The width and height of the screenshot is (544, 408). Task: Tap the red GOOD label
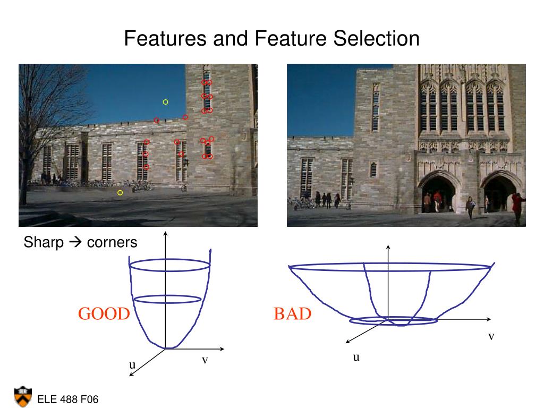(x=104, y=314)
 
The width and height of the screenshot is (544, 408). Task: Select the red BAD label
(x=292, y=314)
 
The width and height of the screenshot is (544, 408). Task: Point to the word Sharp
(x=44, y=243)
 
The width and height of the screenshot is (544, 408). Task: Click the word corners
(x=112, y=243)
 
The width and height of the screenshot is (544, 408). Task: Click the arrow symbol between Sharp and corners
(x=75, y=243)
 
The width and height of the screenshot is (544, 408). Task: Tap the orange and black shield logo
(x=23, y=396)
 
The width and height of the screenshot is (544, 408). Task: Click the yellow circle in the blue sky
(x=165, y=101)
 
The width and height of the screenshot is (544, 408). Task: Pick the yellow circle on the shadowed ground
(x=120, y=192)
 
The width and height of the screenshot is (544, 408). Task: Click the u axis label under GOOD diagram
(x=132, y=365)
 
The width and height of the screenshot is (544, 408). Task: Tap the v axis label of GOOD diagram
(x=205, y=360)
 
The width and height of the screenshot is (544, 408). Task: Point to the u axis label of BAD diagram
(x=356, y=357)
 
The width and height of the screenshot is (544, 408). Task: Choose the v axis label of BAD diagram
(x=491, y=336)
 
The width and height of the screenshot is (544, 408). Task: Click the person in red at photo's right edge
(x=517, y=207)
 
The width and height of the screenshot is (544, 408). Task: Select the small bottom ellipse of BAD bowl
(x=394, y=320)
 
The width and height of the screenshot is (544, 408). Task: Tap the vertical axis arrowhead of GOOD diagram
(x=166, y=234)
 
